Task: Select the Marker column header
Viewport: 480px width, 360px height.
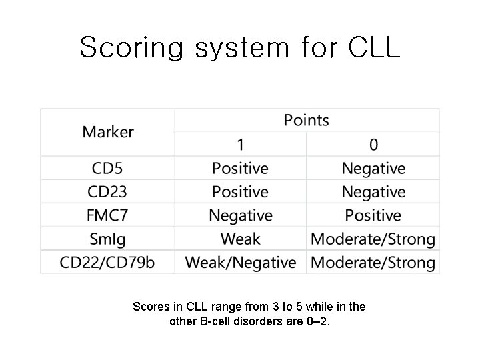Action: [108, 132]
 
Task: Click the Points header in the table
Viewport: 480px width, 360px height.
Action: [306, 120]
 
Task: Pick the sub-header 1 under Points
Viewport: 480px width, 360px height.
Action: [240, 144]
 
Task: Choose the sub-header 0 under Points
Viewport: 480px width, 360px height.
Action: [373, 144]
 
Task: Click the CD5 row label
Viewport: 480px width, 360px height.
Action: [107, 168]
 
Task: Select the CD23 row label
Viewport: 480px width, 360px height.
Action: [107, 192]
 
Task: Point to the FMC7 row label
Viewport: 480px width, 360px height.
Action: [107, 215]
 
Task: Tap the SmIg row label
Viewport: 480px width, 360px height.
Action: [107, 239]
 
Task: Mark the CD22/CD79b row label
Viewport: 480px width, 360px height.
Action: [107, 263]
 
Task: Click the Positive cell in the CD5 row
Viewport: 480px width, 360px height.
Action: [240, 168]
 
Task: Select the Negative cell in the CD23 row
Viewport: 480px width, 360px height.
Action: [373, 192]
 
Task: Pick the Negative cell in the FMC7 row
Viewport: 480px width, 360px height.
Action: [240, 215]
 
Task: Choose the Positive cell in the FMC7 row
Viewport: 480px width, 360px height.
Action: [373, 215]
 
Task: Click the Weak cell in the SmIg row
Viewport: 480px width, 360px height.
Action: [240, 239]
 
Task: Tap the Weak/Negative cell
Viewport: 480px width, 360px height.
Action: [240, 263]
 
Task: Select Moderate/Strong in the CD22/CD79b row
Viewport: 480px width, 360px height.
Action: [373, 263]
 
